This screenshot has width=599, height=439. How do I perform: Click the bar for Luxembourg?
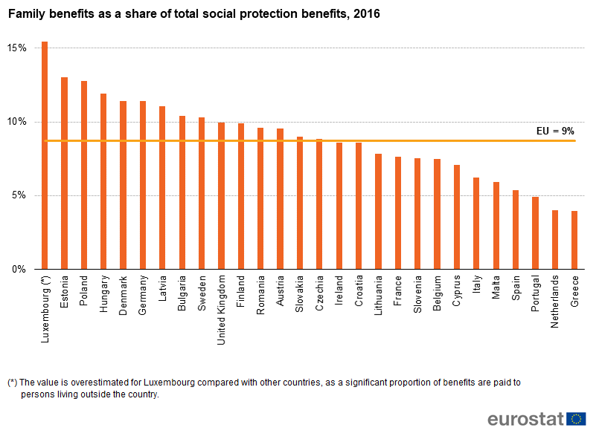pos(45,155)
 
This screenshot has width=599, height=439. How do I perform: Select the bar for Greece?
pos(574,240)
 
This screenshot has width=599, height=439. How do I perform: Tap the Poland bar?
pos(84,175)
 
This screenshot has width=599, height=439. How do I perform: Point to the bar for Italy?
pos(476,224)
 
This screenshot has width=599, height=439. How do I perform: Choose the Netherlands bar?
pos(555,240)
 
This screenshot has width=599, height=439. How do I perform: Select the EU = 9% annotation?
pos(555,131)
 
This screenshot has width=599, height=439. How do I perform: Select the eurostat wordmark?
pos(525,419)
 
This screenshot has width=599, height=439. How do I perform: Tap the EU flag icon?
pos(576,419)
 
